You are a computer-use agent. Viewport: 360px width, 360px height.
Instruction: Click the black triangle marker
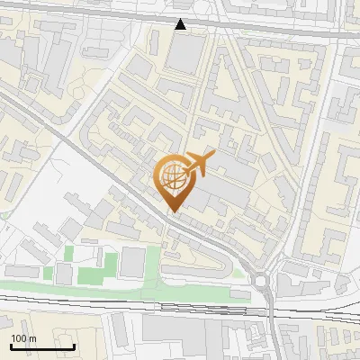[181, 24]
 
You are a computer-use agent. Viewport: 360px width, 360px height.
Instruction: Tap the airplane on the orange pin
[198, 165]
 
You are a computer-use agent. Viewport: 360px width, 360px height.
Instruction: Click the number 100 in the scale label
[19, 338]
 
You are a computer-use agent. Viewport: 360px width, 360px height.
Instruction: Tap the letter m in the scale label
[32, 338]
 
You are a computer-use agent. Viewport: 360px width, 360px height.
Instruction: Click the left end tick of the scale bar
[11, 346]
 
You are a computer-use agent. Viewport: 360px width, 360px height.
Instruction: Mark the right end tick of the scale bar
[74, 346]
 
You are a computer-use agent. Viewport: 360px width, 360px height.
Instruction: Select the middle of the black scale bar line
[42, 346]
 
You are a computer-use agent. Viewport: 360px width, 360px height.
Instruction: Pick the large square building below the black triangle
[186, 54]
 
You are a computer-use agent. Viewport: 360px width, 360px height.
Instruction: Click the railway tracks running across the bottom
[180, 310]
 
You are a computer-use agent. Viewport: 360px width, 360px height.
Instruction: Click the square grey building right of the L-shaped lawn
[132, 262]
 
